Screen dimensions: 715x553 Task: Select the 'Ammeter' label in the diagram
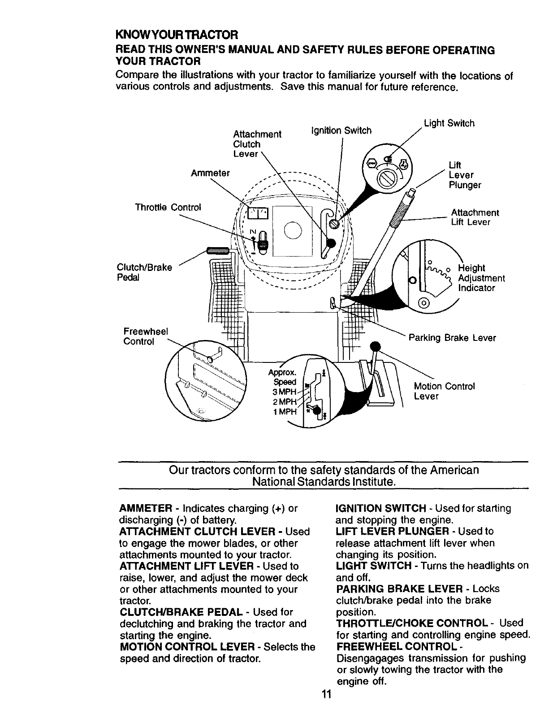pos(210,173)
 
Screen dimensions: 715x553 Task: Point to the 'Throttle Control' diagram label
pos(168,207)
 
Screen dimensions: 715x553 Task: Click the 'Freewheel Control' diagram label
pos(145,336)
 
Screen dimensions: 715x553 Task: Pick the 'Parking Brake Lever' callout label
pos(452,338)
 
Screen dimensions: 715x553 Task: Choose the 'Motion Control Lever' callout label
pos(444,391)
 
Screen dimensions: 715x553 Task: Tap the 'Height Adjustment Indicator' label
pos(481,278)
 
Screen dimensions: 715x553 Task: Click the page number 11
pos(325,695)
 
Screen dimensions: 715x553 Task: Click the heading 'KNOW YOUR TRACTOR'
pos(177,35)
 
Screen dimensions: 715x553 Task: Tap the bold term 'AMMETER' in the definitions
pos(146,509)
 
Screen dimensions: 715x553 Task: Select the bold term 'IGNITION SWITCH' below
pos(380,508)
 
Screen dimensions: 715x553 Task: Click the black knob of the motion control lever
pos(375,346)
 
